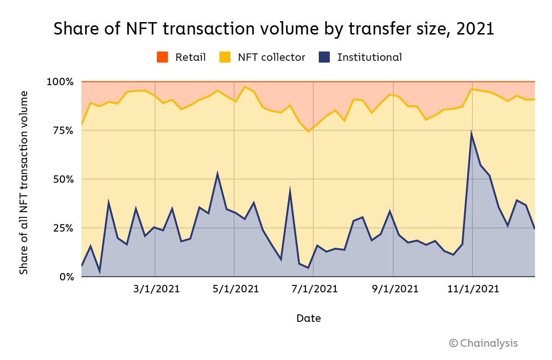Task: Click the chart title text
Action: point(274,29)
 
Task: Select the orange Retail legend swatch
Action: point(163,57)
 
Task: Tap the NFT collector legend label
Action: point(271,57)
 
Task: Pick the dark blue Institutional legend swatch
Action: point(325,57)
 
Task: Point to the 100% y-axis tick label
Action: point(60,82)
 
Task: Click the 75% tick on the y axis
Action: point(63,131)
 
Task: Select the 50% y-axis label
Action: point(63,180)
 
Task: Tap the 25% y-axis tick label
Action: point(63,228)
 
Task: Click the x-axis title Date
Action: point(308,318)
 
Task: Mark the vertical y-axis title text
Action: point(23,183)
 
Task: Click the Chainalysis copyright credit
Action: point(483,343)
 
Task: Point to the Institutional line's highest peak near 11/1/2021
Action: point(471,134)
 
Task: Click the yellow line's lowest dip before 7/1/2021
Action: point(308,132)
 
